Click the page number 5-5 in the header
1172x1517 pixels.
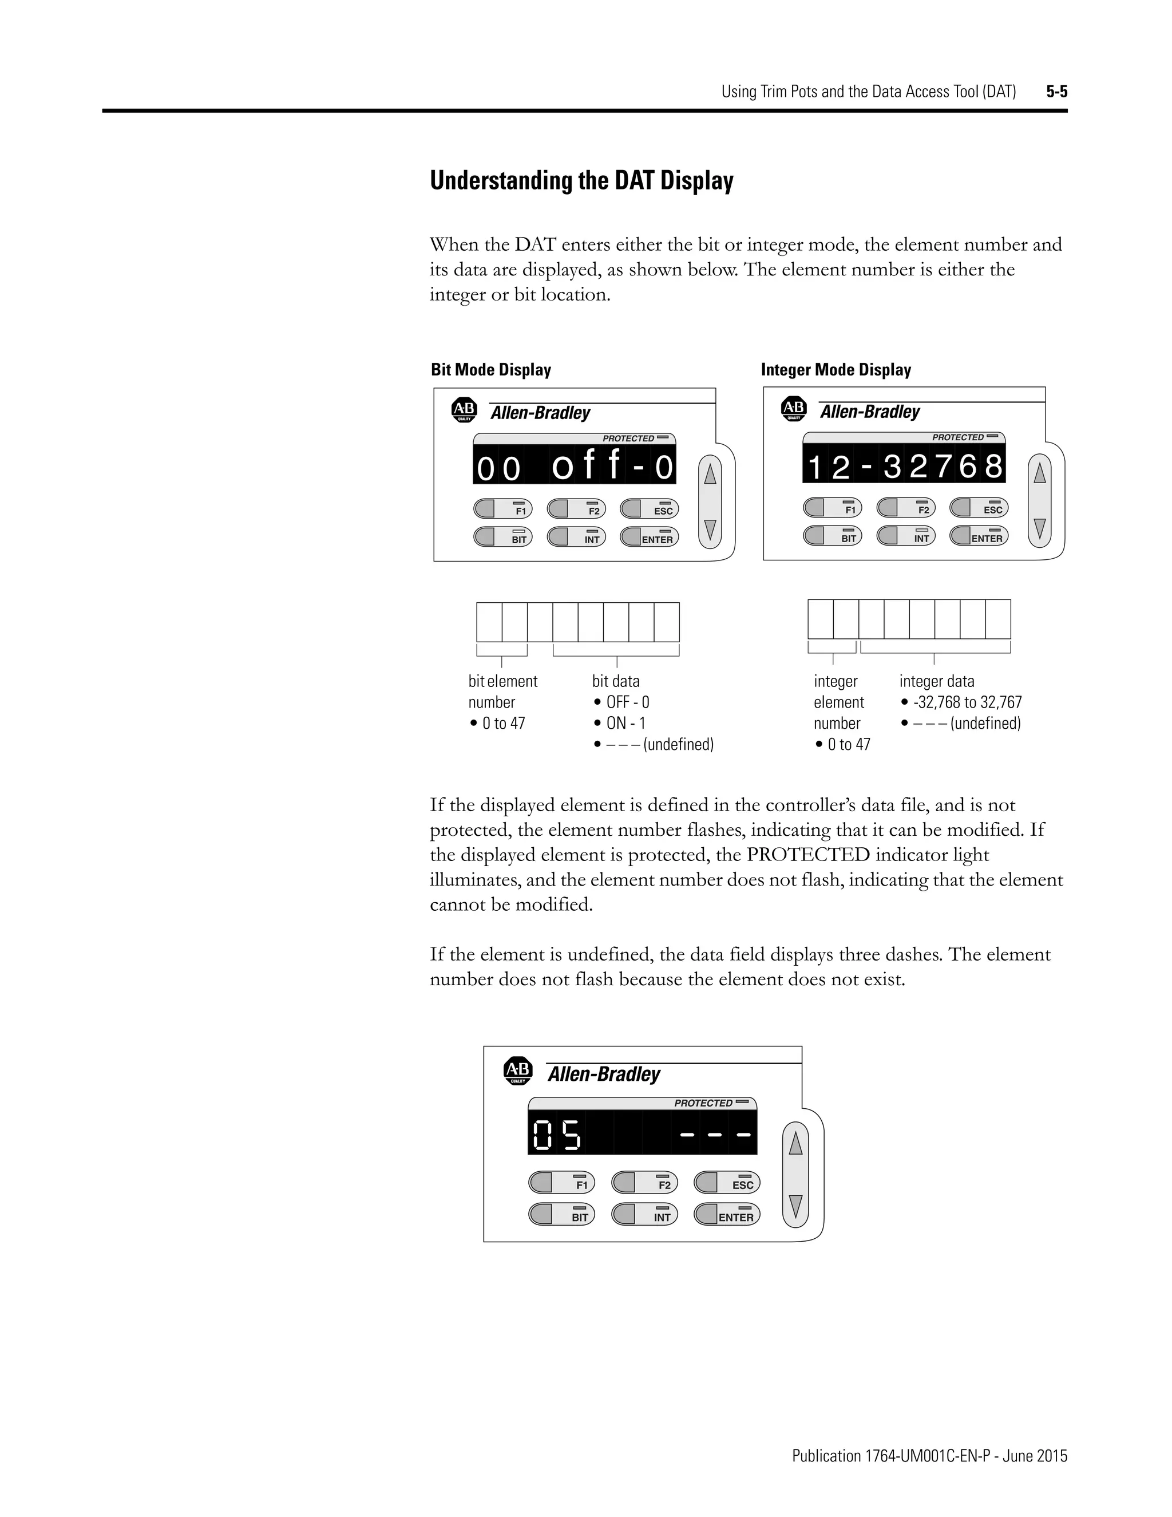(x=1056, y=92)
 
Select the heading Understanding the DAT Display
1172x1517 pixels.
(x=581, y=180)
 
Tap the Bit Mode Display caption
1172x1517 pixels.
(x=490, y=370)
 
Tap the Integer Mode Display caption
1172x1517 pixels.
(x=836, y=370)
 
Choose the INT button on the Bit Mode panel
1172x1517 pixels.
(x=576, y=538)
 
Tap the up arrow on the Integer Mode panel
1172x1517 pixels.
(x=1039, y=474)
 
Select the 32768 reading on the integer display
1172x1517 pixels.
(x=944, y=467)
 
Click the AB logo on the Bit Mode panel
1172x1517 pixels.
(x=464, y=410)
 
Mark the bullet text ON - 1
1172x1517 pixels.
(x=625, y=723)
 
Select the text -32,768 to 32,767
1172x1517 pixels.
(x=967, y=702)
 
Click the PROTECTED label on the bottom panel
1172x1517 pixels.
(x=703, y=1103)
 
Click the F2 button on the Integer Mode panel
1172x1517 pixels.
(x=905, y=508)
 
